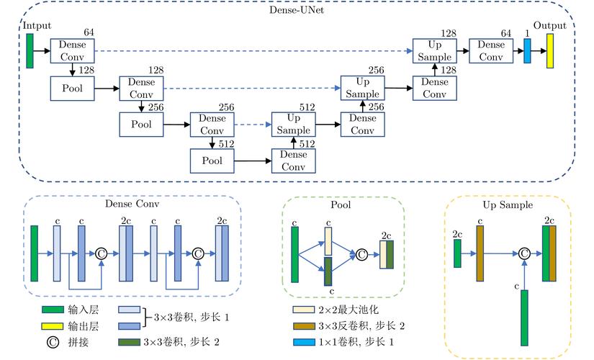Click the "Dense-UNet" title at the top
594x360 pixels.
[297, 11]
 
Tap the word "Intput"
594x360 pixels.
[37, 26]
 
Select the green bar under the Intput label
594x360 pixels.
[30, 50]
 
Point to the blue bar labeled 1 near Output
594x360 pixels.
[527, 50]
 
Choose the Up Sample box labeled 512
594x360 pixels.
[293, 124]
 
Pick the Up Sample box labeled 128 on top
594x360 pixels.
[434, 50]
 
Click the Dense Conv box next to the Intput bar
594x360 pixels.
[73, 50]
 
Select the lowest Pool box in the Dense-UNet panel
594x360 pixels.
[212, 161]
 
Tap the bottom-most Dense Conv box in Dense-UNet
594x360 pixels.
[293, 161]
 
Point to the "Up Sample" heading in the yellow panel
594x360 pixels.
[508, 205]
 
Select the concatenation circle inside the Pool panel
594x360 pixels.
[361, 253]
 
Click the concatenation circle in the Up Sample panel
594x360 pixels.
[525, 253]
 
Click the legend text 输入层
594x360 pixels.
[84, 310]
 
